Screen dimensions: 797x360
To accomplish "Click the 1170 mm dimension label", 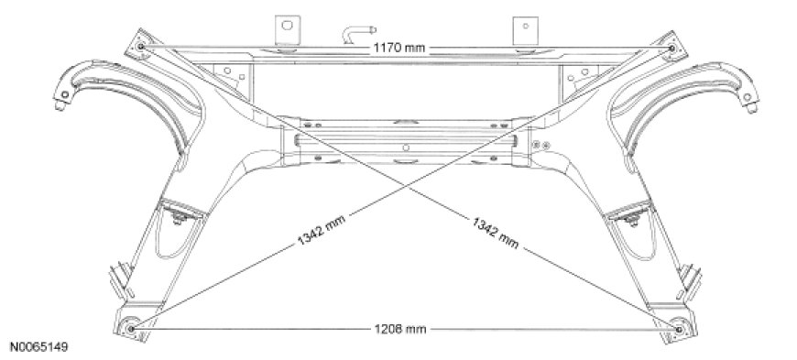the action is [x=399, y=49].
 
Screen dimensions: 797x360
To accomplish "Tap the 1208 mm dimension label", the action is [x=400, y=330].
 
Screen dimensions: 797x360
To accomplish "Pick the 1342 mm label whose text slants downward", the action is [x=496, y=233].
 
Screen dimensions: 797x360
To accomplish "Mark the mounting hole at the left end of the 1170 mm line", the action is [x=141, y=47].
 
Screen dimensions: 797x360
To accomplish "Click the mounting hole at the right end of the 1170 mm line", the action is [x=672, y=48].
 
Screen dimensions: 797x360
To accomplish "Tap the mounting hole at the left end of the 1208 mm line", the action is [x=131, y=329].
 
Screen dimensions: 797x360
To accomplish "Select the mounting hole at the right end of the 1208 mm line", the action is [x=679, y=330].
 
